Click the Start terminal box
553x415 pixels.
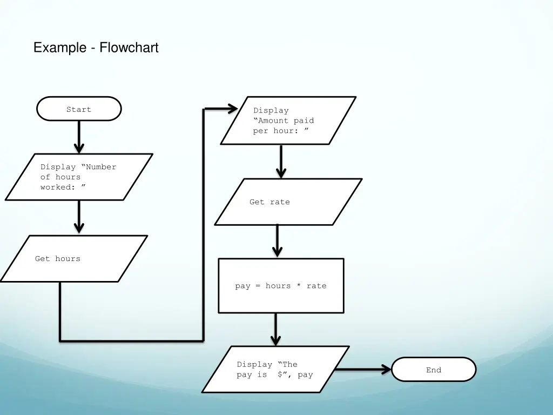[79, 109]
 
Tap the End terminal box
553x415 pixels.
[434, 370]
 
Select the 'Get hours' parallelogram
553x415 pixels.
[73, 258]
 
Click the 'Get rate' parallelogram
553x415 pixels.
[288, 202]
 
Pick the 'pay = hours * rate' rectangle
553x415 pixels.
[281, 285]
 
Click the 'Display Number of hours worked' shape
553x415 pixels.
[79, 177]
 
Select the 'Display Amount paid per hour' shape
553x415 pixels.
[288, 121]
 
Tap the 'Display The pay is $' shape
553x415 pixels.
[275, 369]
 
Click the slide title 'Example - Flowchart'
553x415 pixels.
[96, 48]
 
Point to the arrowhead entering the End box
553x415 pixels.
[386, 370]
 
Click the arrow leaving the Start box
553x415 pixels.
[79, 136]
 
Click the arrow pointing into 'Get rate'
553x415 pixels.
[281, 161]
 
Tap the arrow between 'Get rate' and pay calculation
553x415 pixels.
[277, 241]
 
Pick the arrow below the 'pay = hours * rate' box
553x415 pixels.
[275, 329]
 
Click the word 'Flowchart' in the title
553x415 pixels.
[129, 48]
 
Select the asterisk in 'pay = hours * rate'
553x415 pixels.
[299, 286]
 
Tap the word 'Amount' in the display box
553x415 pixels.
[273, 121]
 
